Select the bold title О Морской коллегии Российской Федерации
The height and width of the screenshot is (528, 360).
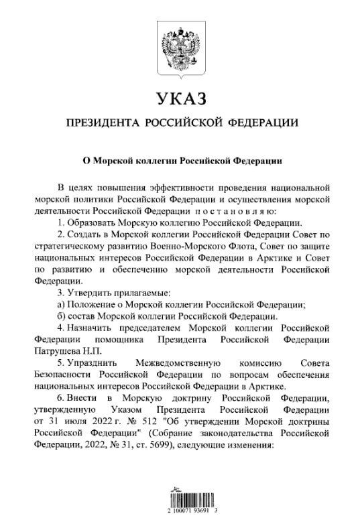point(179,161)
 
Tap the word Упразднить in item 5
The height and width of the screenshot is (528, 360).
point(94,366)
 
